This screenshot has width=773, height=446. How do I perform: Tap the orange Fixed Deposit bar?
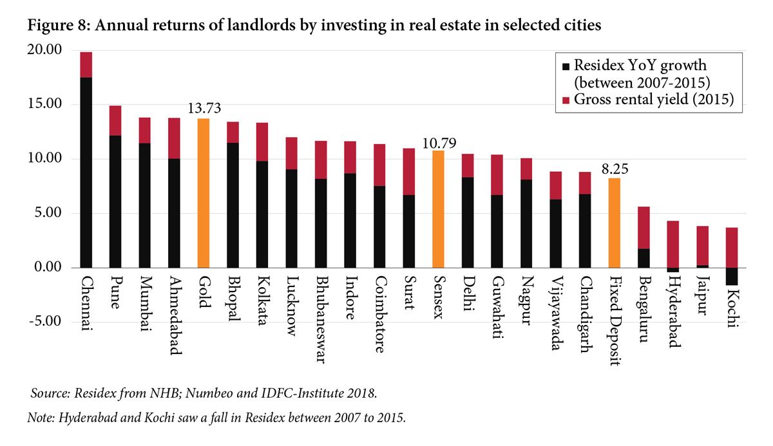pos(615,223)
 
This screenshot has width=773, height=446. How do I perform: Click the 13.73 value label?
pos(204,109)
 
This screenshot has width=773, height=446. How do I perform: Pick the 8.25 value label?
pos(615,170)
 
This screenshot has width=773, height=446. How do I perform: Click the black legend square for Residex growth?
pos(566,67)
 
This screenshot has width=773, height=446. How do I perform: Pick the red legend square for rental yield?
pos(566,100)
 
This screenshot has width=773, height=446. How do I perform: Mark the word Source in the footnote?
pos(50,393)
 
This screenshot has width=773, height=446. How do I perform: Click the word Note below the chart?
pos(40,418)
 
